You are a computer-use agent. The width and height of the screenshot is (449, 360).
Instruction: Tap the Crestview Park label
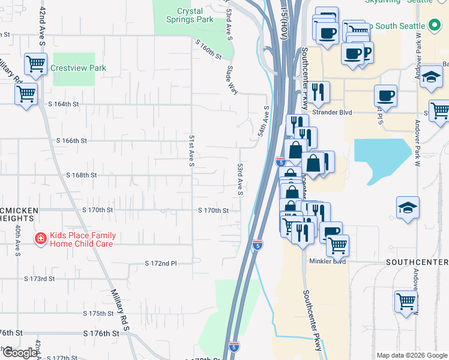click(x=78, y=68)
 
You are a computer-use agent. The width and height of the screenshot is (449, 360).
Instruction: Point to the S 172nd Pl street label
click(x=161, y=263)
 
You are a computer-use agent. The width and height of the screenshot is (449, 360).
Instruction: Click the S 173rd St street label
click(x=40, y=279)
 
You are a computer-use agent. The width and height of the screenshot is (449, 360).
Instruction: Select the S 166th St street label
click(x=72, y=140)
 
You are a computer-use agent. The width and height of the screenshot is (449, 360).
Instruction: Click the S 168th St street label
click(x=81, y=175)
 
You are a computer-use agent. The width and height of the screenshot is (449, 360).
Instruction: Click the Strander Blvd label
click(x=331, y=112)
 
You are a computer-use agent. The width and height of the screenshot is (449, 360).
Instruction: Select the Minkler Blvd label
click(x=327, y=262)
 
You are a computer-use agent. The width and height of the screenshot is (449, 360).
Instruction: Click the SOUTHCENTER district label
click(x=417, y=263)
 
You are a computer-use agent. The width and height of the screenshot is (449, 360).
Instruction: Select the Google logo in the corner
click(x=20, y=353)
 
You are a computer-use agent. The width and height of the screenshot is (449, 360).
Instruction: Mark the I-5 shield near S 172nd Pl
click(x=257, y=245)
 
